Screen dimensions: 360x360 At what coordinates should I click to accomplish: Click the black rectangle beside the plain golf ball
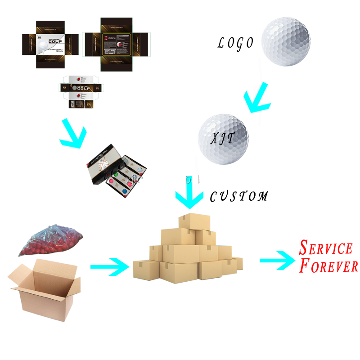[234, 45]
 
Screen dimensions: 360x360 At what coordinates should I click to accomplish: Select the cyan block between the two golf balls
[257, 97]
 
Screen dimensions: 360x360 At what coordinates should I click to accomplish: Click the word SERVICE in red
[326, 248]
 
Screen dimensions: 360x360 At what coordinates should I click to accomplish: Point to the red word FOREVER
[329, 265]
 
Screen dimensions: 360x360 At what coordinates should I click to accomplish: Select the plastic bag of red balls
[50, 241]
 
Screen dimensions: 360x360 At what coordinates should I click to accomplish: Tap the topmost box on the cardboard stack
[193, 221]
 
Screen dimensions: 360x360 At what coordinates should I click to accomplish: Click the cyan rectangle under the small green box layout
[72, 133]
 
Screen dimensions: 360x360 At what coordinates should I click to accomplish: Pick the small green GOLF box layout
[81, 92]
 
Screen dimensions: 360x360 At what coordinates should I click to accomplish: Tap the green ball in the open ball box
[116, 174]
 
